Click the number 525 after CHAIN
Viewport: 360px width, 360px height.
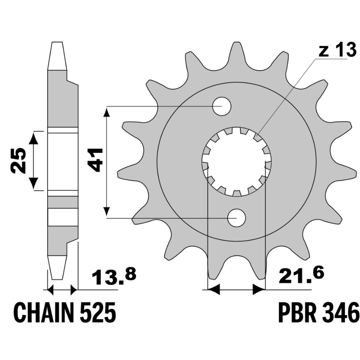pos(98,313)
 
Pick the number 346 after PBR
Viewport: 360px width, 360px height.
pos(340,313)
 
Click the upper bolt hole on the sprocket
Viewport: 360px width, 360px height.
pos(222,106)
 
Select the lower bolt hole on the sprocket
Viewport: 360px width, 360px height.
pos(236,218)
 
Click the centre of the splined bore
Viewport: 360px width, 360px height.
pos(236,162)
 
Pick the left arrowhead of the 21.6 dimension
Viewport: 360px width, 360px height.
pos(214,290)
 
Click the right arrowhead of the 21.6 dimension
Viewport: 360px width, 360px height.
pos(259,290)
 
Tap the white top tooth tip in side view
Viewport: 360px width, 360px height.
pos(57,56)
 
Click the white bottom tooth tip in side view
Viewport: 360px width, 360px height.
pos(57,268)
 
